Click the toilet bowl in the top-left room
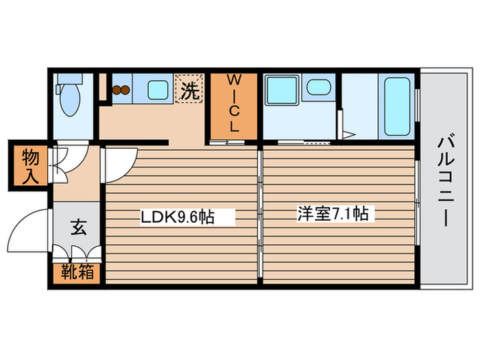pos(70,102)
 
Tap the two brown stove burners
pos(121,89)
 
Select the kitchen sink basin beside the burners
pos(157,88)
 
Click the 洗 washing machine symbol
pos(190,89)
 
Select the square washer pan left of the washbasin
pos(280,89)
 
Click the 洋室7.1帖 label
pos(332,214)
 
